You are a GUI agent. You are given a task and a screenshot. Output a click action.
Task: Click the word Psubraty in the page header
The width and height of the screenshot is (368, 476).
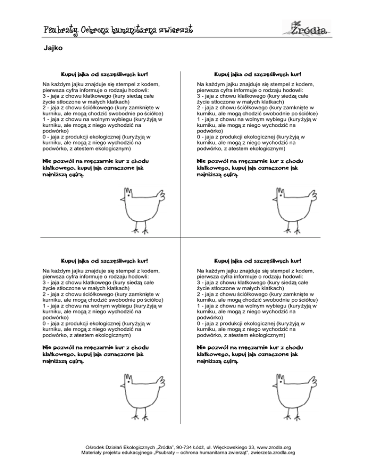(x=59, y=31)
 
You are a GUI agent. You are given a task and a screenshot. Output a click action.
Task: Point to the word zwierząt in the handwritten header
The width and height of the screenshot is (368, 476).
(x=173, y=31)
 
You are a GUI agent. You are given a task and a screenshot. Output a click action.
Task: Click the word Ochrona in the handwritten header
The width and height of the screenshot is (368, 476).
(x=95, y=31)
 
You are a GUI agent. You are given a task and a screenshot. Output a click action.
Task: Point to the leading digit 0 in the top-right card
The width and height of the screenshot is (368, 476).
(x=198, y=137)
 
